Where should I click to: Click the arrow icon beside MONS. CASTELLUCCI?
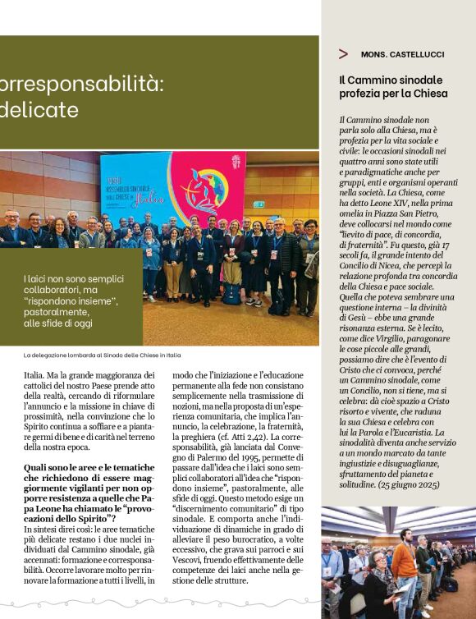coord(343,54)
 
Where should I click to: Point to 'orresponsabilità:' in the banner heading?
coord(82,84)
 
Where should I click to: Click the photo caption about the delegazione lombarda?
coord(102,355)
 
